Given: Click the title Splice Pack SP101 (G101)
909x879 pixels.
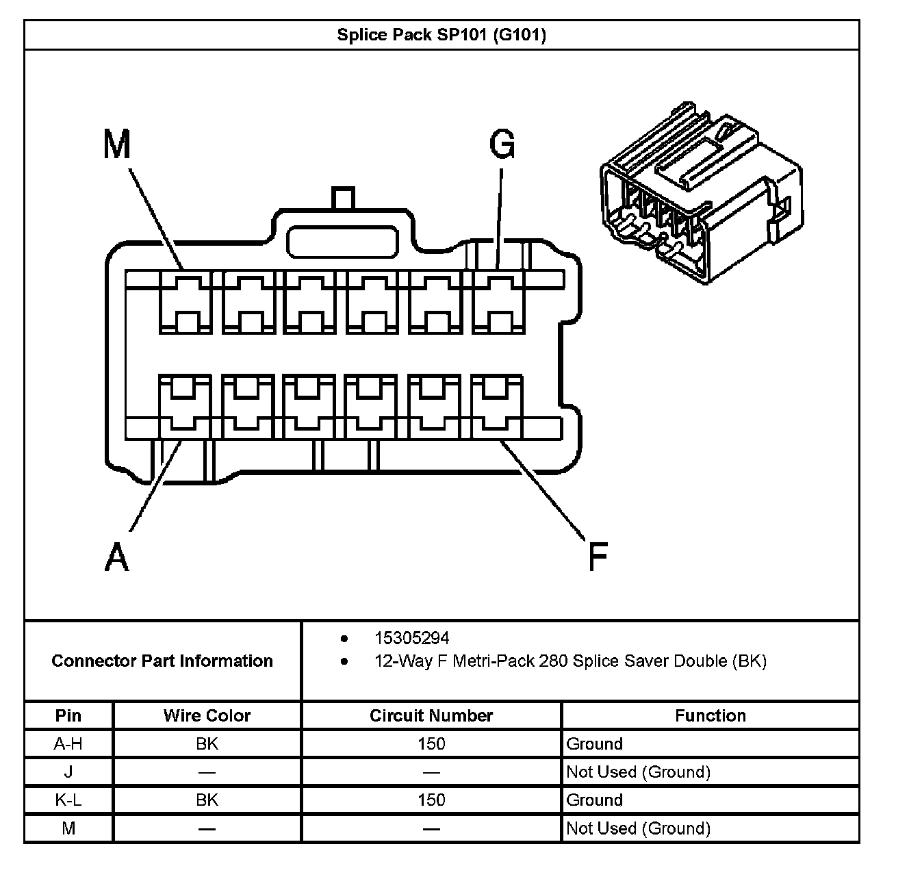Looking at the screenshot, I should pos(441,35).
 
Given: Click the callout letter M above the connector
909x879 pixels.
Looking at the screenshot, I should pos(116,144).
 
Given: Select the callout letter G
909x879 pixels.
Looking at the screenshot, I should pos(502,144).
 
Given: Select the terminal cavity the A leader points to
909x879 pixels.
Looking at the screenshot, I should pos(185,405).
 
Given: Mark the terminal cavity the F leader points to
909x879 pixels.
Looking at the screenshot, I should pos(498,405).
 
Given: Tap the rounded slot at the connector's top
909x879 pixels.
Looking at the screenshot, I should pos(342,242).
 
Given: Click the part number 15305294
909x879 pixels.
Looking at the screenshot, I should pos(411,638).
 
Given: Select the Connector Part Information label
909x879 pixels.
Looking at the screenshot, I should pos(162,661).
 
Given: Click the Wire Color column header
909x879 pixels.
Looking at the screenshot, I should pos(207,715).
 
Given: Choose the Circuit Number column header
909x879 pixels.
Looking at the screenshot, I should pos(431,715).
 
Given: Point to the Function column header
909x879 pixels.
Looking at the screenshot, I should pos(710,715).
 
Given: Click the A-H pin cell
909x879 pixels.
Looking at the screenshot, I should pos(68,743).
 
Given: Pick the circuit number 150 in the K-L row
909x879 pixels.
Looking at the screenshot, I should pos(431,800).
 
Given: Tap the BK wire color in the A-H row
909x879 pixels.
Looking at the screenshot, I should pos(207,743).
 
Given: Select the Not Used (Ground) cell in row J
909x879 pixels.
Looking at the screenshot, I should pos(638,772).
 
